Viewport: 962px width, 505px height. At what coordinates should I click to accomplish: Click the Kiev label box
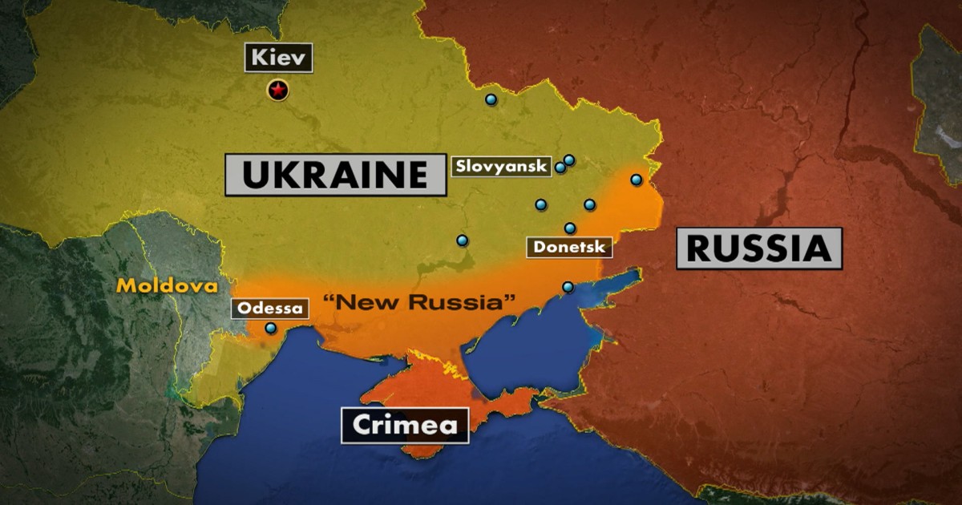(x=279, y=58)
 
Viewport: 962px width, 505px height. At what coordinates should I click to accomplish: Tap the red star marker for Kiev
(x=278, y=91)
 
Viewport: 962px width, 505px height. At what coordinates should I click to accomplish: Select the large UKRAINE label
(x=335, y=174)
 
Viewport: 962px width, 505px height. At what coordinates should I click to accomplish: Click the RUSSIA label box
(x=758, y=248)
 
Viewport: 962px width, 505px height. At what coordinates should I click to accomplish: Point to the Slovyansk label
(x=501, y=166)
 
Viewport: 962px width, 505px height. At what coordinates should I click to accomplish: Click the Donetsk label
(x=569, y=246)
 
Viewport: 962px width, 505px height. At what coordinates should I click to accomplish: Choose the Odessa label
(x=271, y=308)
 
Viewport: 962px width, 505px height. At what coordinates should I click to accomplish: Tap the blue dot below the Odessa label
(x=271, y=328)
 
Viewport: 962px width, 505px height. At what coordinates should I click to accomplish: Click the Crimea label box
(x=405, y=426)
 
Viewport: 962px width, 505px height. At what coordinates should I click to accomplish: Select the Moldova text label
(x=166, y=285)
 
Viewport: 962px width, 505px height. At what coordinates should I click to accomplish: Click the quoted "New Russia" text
(x=418, y=303)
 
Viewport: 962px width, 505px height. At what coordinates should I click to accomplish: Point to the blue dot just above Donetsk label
(x=570, y=228)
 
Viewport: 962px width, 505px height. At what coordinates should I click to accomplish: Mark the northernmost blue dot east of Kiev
(x=491, y=99)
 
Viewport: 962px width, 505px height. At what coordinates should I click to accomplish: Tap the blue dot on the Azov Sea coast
(x=568, y=287)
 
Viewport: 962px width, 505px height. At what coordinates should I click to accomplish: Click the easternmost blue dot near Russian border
(x=636, y=180)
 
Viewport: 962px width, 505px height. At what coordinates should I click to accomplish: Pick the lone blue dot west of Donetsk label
(x=463, y=240)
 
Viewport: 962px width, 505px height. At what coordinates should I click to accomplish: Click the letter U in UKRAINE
(x=257, y=174)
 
